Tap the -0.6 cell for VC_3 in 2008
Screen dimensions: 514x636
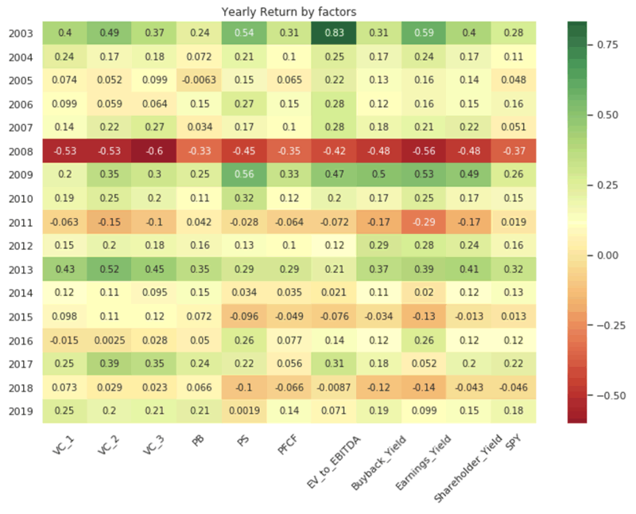[x=154, y=150]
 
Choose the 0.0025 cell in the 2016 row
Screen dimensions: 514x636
[x=109, y=339]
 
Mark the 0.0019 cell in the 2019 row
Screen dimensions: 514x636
[x=244, y=410]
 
